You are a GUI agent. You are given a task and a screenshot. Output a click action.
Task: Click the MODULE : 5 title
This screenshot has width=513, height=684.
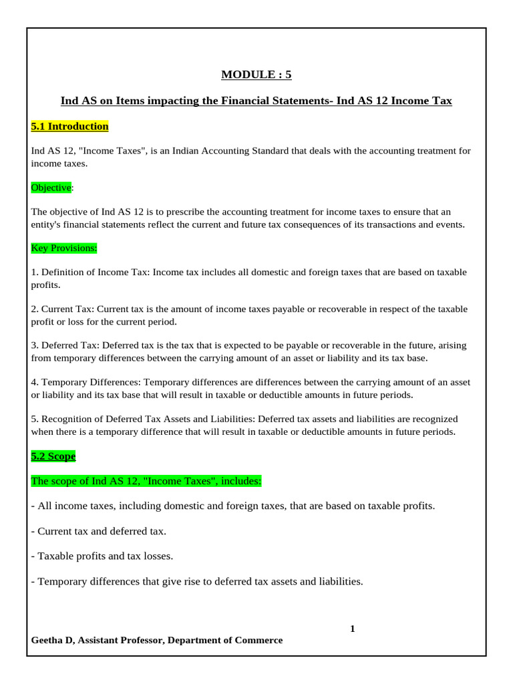coord(256,75)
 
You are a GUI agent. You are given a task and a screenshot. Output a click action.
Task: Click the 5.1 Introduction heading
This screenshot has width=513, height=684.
coord(69,126)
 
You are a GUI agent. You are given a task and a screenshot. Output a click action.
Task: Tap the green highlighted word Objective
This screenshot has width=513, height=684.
coord(51,188)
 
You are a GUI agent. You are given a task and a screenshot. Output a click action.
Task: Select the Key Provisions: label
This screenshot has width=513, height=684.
coord(64,248)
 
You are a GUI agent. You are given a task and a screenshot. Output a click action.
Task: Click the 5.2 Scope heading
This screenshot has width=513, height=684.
coord(53,456)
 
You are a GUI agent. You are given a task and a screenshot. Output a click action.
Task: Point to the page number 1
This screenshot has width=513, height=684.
coord(353,629)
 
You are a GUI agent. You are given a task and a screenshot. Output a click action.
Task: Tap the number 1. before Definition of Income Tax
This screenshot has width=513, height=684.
coord(35,272)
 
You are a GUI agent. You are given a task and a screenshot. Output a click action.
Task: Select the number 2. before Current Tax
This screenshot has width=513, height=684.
coord(35,309)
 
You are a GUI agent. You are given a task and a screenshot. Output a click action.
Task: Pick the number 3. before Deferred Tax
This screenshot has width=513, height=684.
coord(35,345)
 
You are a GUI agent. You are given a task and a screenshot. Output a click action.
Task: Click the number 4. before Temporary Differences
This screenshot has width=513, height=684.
coord(35,382)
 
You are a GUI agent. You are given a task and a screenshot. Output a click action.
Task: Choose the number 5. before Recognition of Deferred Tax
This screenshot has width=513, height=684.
coord(35,419)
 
